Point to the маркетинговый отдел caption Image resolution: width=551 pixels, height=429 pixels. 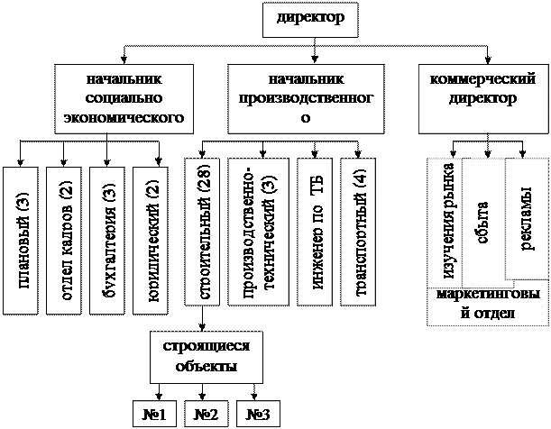487,305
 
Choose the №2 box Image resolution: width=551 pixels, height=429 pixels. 207,414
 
